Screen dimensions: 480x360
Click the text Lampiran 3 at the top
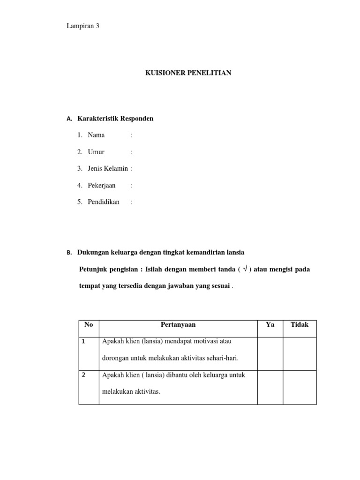tap(83, 26)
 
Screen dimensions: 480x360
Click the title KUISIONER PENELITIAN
tap(188, 73)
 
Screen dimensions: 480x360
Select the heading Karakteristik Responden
tap(115, 119)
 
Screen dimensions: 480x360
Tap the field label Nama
tap(96, 135)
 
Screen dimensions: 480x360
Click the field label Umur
tap(96, 152)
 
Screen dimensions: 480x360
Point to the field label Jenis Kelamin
tap(107, 168)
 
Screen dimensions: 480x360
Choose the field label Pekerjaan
tap(101, 185)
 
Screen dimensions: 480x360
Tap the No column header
tap(89, 324)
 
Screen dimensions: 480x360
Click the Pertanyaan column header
tap(178, 324)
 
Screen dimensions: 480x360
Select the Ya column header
tap(270, 324)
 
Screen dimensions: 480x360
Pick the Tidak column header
tap(300, 324)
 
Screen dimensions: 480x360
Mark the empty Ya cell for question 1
tap(270, 353)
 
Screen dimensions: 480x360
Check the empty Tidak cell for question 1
tap(300, 353)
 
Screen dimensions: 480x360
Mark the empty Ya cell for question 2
tap(270, 387)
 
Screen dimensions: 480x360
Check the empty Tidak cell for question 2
tap(300, 387)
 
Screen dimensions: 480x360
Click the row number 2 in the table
tap(83, 375)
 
